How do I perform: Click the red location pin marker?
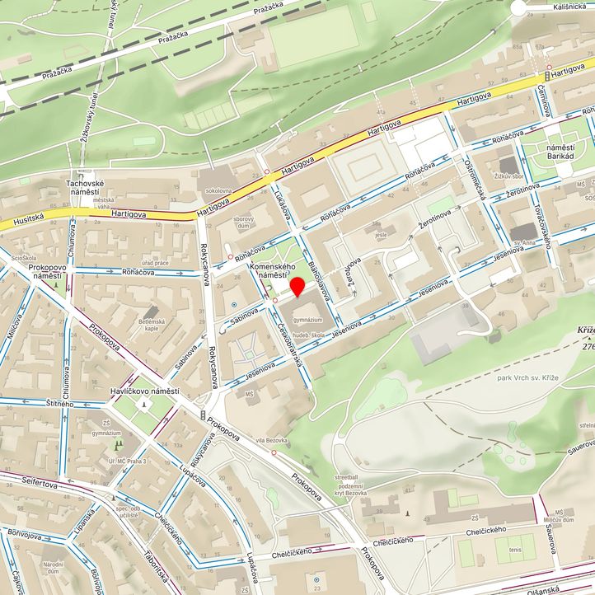(297, 286)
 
